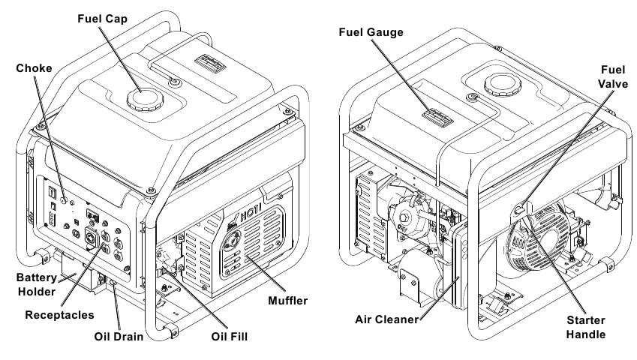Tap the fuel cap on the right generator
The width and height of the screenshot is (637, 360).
[501, 85]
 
